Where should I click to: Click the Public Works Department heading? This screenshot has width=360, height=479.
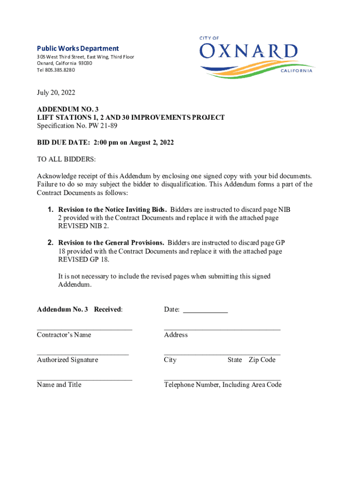(x=78, y=48)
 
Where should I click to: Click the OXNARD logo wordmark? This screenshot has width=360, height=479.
(x=249, y=51)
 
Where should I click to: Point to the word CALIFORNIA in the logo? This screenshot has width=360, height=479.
(x=296, y=71)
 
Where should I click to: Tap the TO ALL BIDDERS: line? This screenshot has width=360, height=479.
(x=66, y=160)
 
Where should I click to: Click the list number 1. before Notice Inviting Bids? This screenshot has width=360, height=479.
(x=50, y=209)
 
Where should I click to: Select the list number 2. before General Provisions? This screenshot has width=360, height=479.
(x=50, y=243)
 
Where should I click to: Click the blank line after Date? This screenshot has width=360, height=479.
(x=205, y=309)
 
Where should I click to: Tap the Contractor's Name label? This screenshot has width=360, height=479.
(x=64, y=334)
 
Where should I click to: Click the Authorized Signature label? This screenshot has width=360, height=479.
(x=67, y=360)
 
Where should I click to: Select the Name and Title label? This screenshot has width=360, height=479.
(x=59, y=385)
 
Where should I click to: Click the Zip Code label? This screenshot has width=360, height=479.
(x=262, y=360)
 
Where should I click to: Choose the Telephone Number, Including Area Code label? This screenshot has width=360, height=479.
(x=223, y=385)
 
